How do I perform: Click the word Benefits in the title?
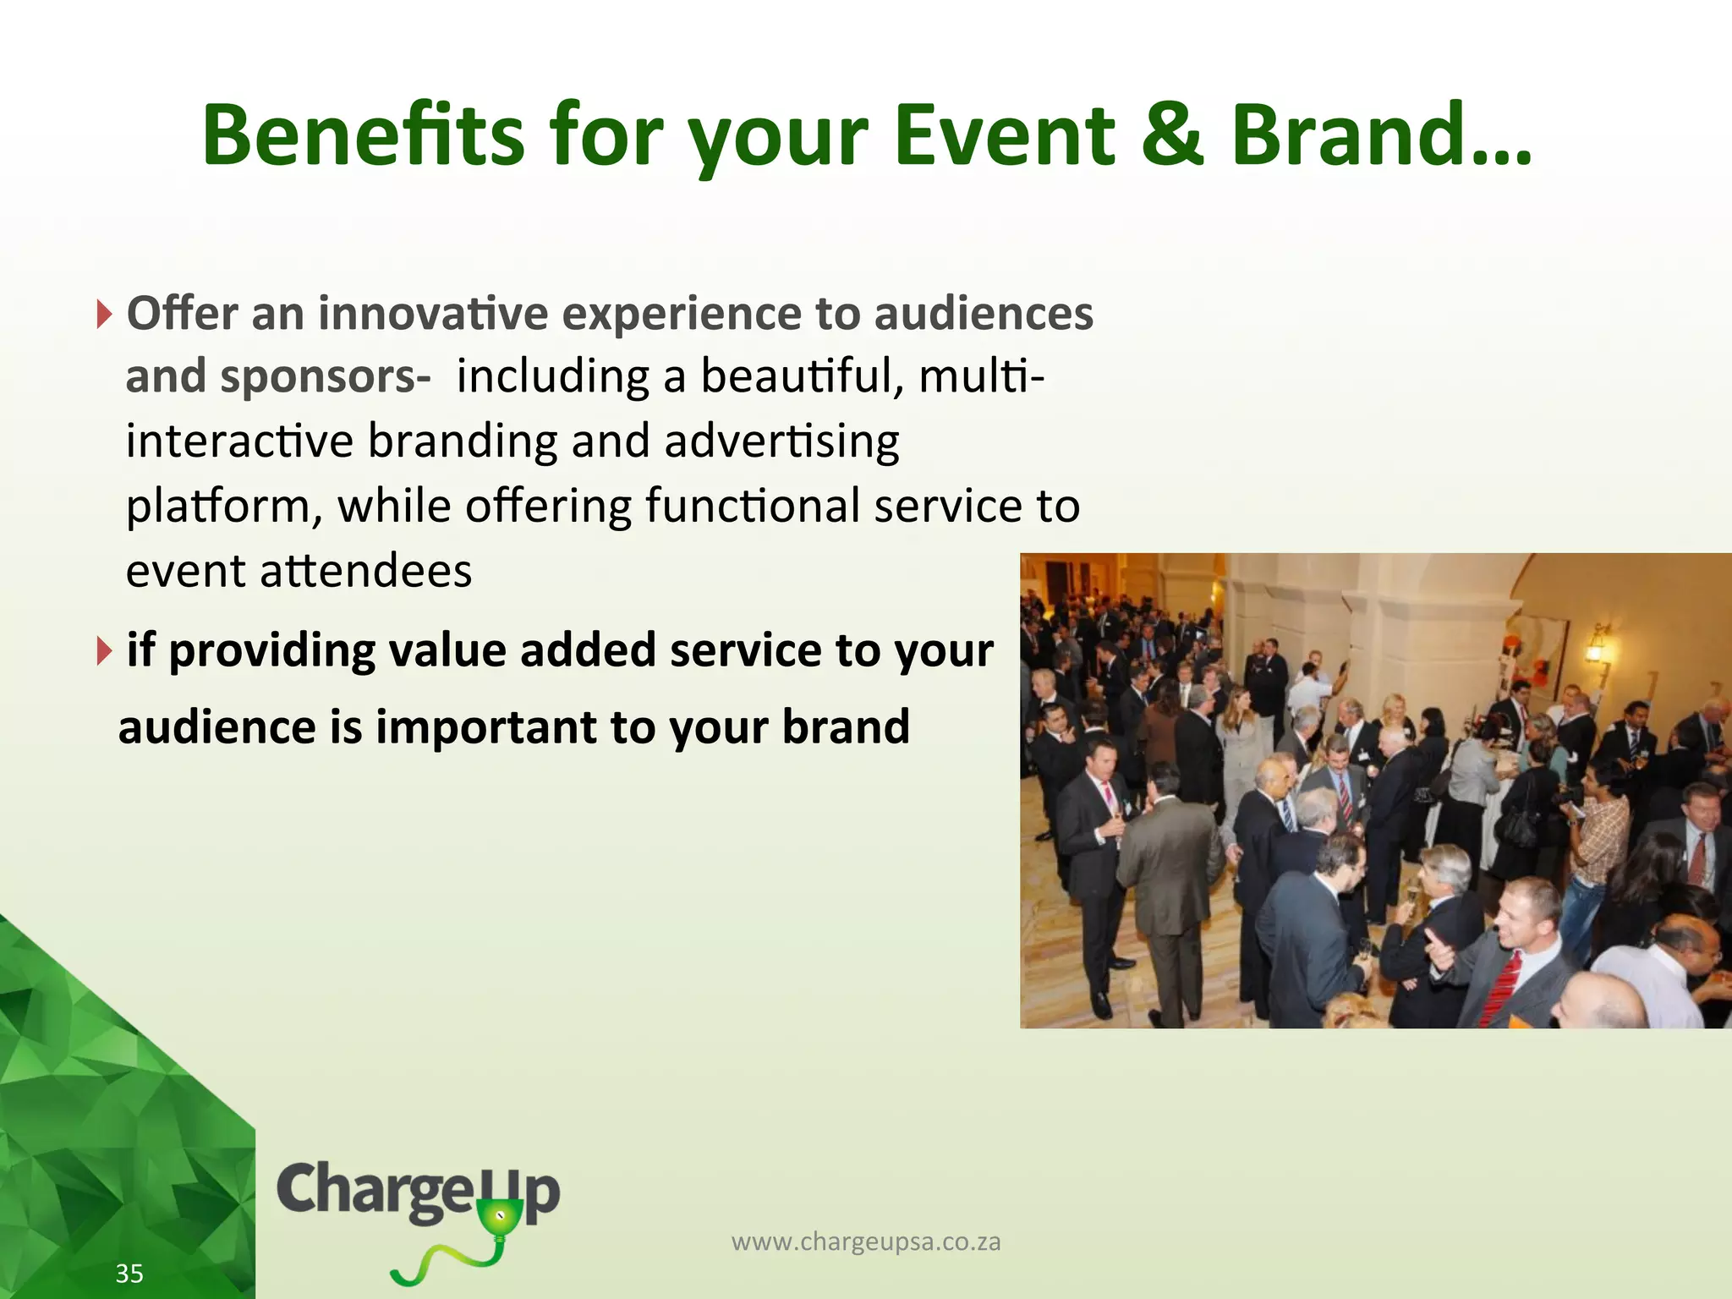364,135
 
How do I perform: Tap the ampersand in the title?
1171,135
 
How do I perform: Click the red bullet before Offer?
103,315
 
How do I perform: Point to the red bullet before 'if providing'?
103,651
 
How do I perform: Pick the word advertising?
781,441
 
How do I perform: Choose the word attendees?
365,572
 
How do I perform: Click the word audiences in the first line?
983,314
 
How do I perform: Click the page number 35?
129,1274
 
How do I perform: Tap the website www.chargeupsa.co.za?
866,1241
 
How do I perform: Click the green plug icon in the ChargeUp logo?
500,1223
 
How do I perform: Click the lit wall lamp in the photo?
1597,647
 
